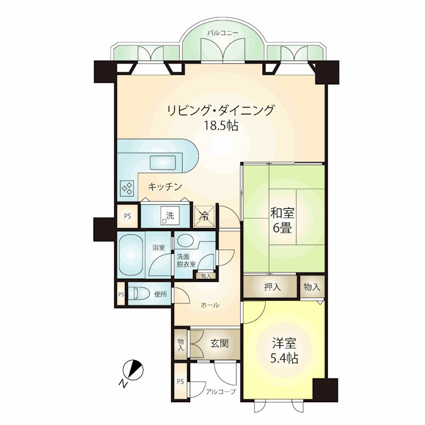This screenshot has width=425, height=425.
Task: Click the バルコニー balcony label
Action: pyautogui.click(x=223, y=33)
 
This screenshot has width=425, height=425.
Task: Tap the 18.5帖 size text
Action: pyautogui.click(x=221, y=125)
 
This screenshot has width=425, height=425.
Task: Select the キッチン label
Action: pyautogui.click(x=165, y=187)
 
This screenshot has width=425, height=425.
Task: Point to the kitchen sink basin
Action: pyautogui.click(x=163, y=163)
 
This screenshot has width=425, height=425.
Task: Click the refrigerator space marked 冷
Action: pyautogui.click(x=205, y=216)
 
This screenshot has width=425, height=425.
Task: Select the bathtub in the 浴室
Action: pyautogui.click(x=131, y=254)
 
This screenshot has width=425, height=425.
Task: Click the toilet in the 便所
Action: pyautogui.click(x=139, y=294)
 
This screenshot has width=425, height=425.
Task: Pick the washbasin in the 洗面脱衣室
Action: pyautogui.click(x=185, y=240)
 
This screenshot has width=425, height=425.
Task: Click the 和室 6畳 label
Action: pyautogui.click(x=282, y=221)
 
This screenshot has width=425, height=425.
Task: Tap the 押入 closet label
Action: pyautogui.click(x=272, y=287)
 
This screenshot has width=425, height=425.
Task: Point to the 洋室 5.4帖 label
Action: pyautogui.click(x=284, y=351)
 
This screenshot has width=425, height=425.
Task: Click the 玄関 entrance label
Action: pyautogui.click(x=219, y=344)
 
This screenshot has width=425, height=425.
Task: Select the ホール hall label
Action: pyautogui.click(x=210, y=305)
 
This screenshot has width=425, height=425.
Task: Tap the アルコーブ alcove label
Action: pyautogui.click(x=220, y=392)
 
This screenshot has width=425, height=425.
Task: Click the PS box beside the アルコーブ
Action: pyautogui.click(x=181, y=381)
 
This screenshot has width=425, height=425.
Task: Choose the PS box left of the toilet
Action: pyautogui.click(x=121, y=294)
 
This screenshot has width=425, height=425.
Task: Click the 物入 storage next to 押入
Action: pyautogui.click(x=312, y=287)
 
